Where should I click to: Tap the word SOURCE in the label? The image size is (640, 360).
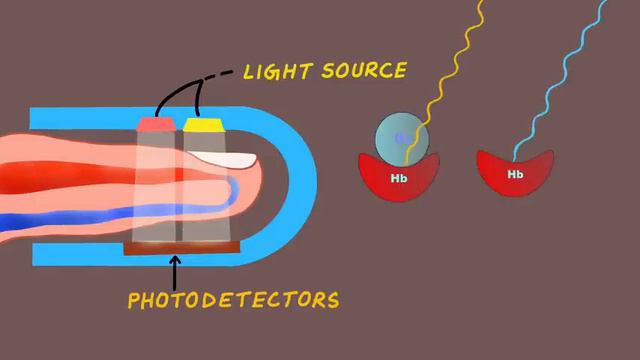[364, 71]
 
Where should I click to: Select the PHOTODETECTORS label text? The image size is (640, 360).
[233, 300]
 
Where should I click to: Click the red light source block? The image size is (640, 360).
[155, 125]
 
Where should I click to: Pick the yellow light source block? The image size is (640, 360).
[202, 125]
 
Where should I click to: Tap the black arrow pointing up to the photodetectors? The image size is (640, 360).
[176, 270]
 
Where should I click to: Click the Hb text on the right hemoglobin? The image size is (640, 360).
[516, 174]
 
